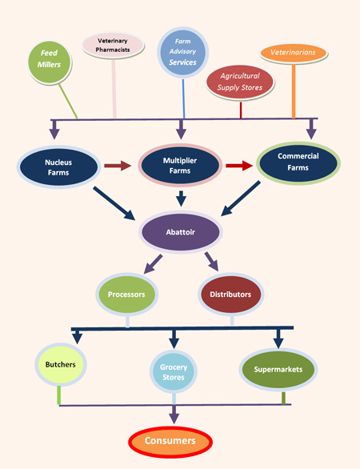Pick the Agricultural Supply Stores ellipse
pyautogui.click(x=240, y=82)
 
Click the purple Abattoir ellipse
pyautogui.click(x=181, y=233)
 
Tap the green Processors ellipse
pyautogui.click(x=126, y=294)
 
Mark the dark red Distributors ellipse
pyautogui.click(x=230, y=294)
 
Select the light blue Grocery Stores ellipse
pyautogui.click(x=174, y=374)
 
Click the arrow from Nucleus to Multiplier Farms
pyautogui.click(x=117, y=166)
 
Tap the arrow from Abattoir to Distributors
pyautogui.click(x=212, y=262)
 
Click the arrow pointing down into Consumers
pyautogui.click(x=174, y=413)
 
